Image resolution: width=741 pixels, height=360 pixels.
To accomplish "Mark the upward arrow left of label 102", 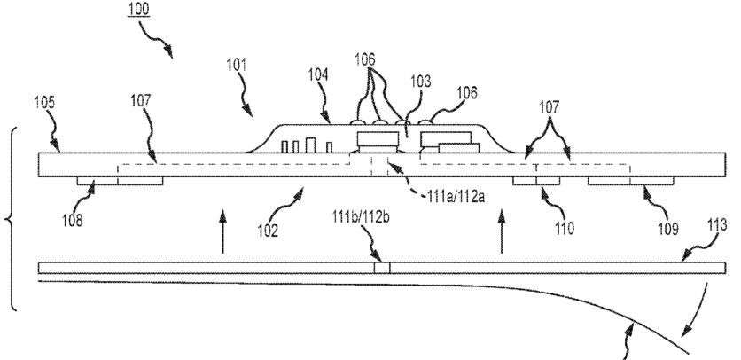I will tap(222, 229).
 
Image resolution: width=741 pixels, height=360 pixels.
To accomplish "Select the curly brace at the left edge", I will tap(12, 217).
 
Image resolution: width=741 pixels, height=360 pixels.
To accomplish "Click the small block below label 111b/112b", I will tap(381, 266).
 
